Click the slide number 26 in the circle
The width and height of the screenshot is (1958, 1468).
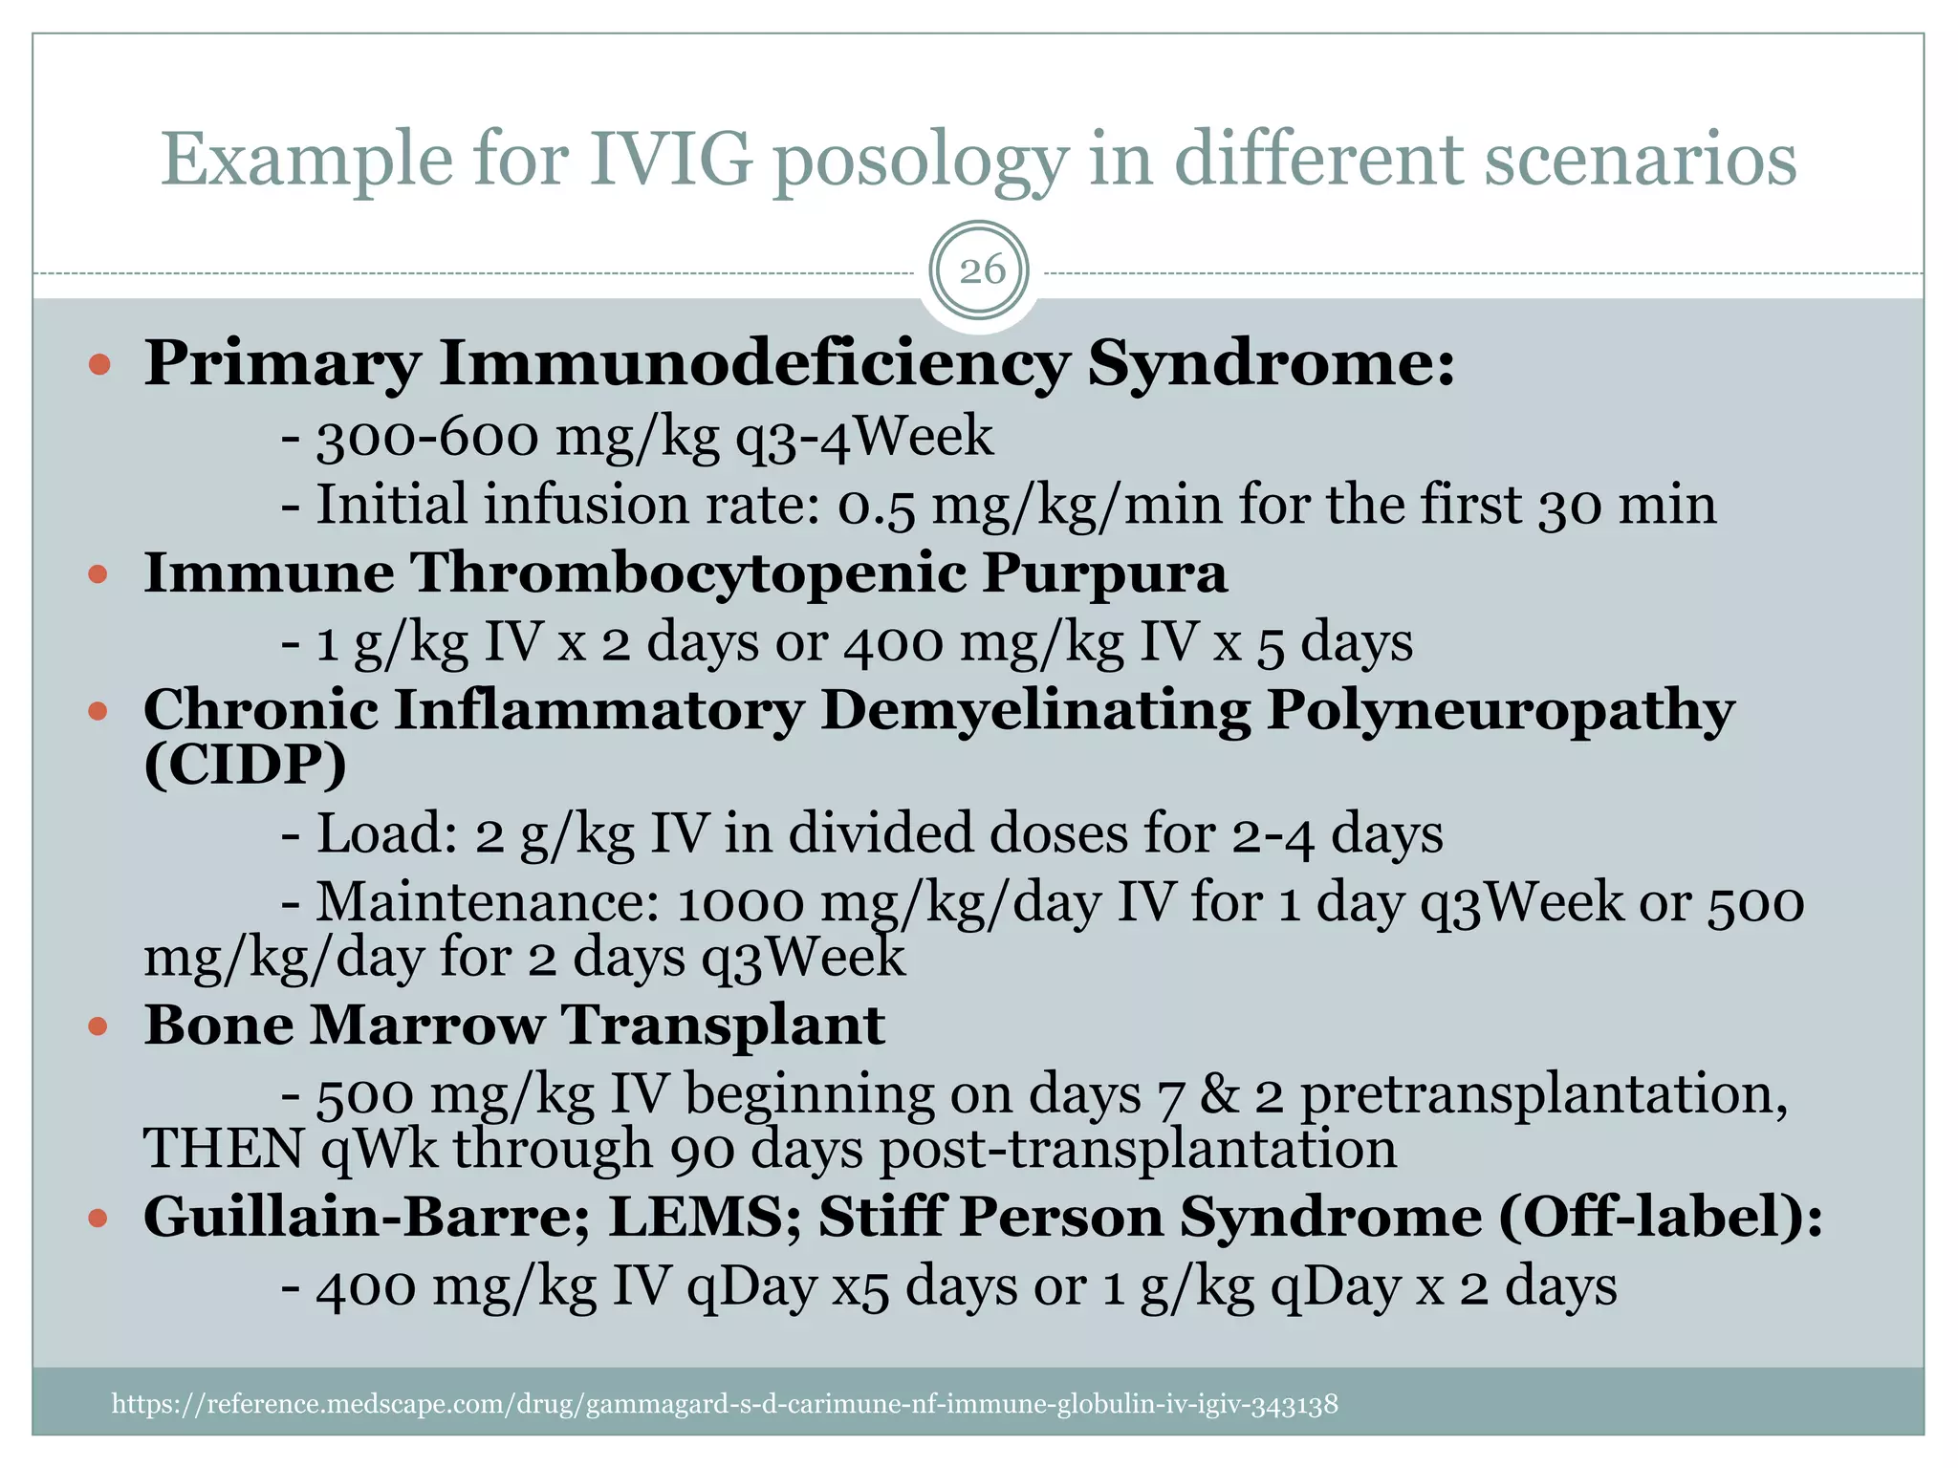(981, 270)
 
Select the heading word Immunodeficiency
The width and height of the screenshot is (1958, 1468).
(753, 365)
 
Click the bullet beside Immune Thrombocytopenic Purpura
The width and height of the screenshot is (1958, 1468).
(98, 574)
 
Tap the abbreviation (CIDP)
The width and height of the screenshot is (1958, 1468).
(245, 765)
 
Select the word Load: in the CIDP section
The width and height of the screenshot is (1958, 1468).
(386, 833)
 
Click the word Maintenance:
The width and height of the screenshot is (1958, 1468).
(488, 902)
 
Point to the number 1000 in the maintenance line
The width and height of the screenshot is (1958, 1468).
(740, 903)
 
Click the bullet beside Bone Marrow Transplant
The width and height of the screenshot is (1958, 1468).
(98, 1027)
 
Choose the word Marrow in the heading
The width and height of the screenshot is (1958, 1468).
(425, 1025)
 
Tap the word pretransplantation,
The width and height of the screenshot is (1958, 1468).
(1543, 1095)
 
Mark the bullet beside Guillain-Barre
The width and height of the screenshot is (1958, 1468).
(98, 1219)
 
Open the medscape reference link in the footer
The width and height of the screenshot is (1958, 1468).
(724, 1404)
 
